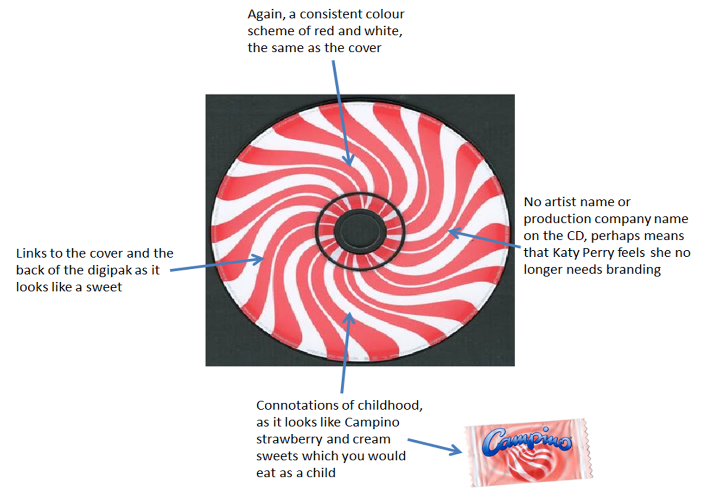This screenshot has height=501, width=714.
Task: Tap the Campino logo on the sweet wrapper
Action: (527, 440)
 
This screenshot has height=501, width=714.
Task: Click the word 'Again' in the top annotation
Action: (265, 15)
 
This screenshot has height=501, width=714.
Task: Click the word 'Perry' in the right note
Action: (599, 253)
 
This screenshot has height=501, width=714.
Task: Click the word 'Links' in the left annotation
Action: (31, 253)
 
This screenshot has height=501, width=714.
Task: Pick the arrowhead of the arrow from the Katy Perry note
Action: (453, 232)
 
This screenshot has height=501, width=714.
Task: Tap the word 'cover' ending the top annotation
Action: (366, 48)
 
